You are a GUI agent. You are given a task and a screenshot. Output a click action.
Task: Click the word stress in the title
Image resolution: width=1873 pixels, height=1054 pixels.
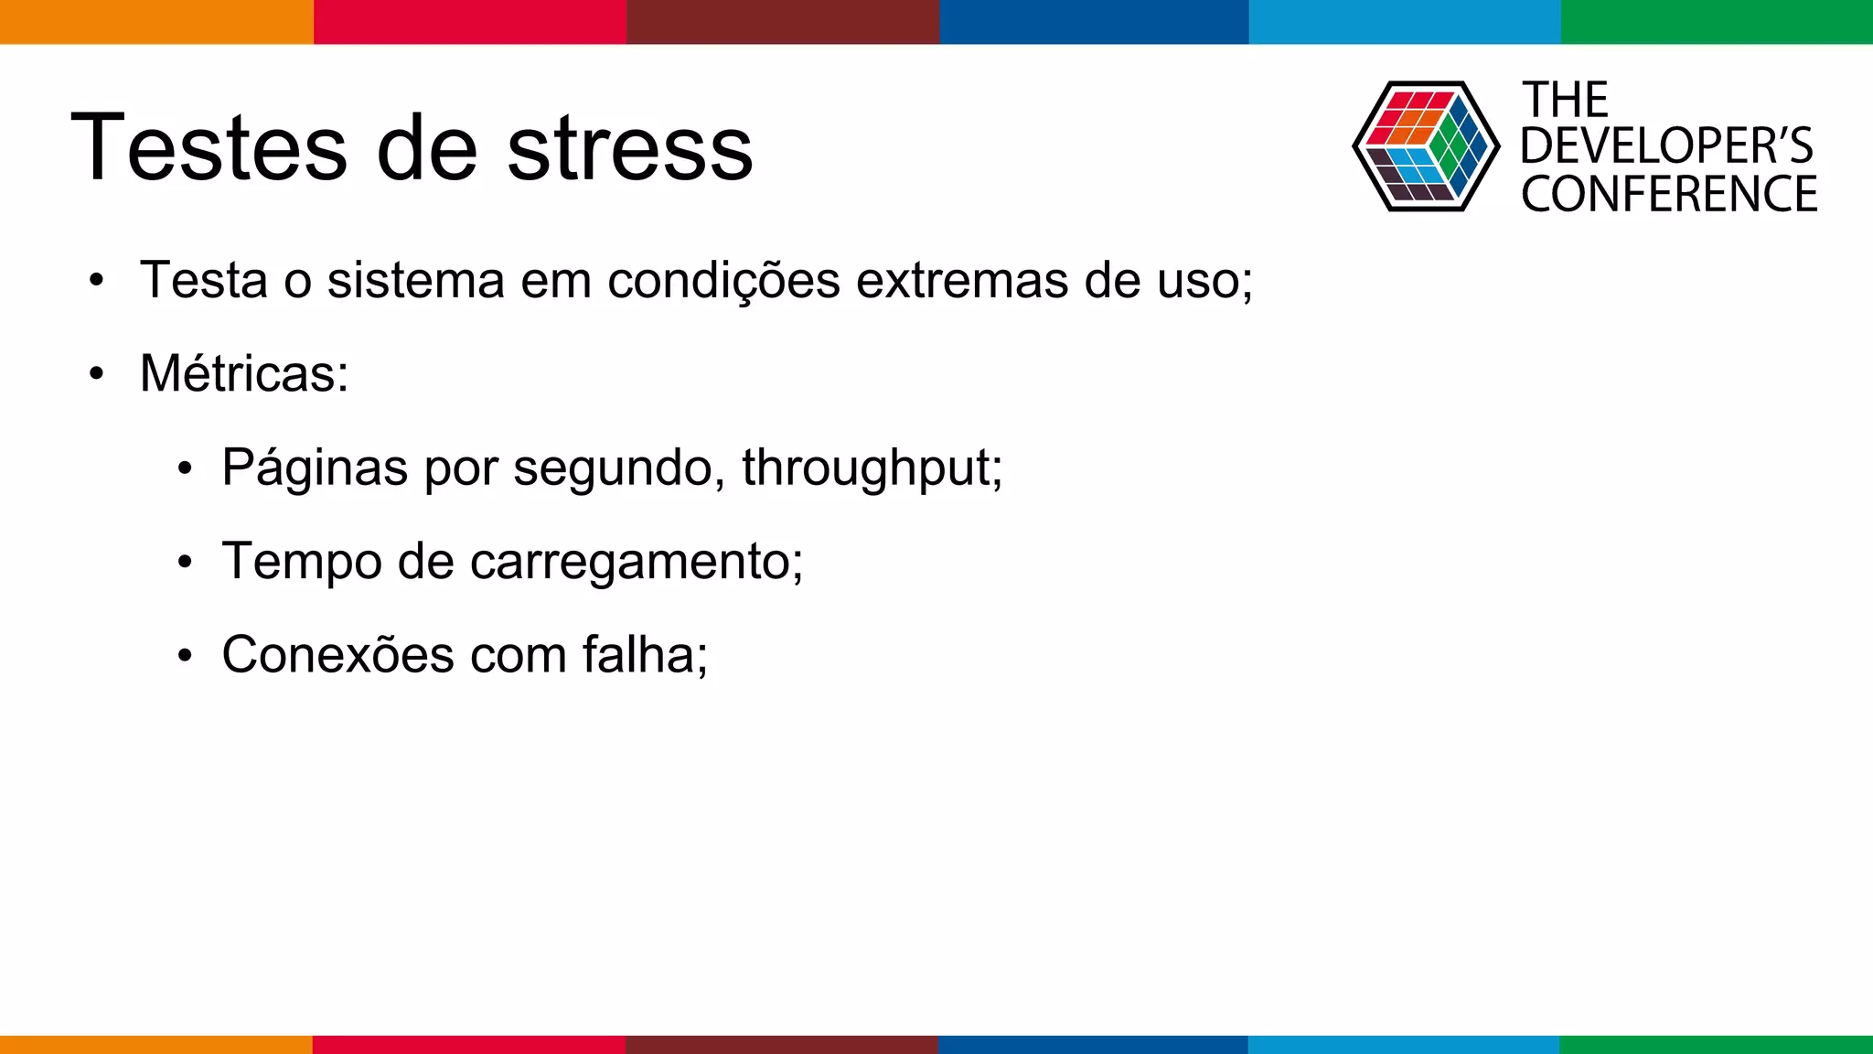tap(629, 149)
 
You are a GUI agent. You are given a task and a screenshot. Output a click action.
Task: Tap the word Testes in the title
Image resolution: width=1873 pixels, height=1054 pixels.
tap(209, 149)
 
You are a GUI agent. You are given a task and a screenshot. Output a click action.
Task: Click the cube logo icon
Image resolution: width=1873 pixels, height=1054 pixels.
tap(1425, 146)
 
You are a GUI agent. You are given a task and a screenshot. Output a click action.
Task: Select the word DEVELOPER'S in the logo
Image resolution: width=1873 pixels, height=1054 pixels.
tap(1666, 146)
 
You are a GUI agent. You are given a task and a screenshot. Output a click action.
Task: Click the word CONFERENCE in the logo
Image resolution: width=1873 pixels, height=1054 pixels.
tap(1669, 195)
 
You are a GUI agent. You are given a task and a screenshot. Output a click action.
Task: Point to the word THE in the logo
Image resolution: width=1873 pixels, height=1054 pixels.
tap(1565, 101)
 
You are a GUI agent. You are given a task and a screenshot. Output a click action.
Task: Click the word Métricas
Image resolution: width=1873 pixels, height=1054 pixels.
tap(243, 374)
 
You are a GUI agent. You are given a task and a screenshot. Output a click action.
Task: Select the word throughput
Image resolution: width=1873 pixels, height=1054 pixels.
tap(872, 468)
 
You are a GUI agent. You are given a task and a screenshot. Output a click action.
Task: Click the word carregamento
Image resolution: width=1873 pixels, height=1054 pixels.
tap(636, 562)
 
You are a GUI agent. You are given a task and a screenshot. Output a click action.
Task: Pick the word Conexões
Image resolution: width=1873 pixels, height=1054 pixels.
tap(337, 655)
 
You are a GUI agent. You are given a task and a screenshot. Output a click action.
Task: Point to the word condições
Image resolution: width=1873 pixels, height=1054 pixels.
tap(723, 280)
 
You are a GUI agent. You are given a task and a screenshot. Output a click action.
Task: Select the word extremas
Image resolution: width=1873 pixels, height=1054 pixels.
tap(962, 280)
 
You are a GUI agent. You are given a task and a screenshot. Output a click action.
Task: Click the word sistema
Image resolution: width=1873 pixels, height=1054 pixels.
tap(416, 280)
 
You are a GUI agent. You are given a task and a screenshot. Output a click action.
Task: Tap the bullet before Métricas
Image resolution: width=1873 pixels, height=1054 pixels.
tap(97, 374)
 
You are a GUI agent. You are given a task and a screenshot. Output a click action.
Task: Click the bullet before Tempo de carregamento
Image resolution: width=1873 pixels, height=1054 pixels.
tap(185, 562)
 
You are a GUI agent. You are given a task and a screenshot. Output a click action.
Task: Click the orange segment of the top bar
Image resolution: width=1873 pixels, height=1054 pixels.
tap(156, 21)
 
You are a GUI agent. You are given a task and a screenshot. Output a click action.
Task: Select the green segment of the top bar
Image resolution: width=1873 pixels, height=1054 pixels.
tap(1717, 21)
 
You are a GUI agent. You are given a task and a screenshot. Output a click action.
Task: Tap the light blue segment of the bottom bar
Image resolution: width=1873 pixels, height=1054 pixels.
tap(1404, 1044)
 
